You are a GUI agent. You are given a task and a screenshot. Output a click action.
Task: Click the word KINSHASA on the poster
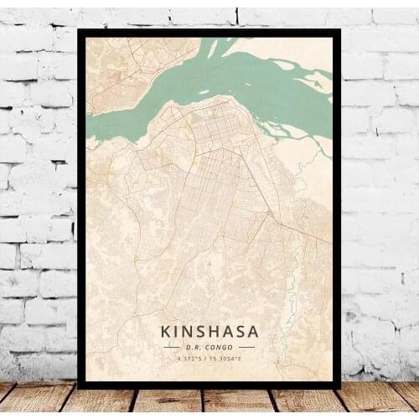(209, 332)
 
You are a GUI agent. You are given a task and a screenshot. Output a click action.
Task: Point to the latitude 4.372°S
(190, 359)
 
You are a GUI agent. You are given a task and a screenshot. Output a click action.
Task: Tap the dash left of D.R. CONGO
(172, 346)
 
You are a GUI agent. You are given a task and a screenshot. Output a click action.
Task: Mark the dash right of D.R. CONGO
(246, 346)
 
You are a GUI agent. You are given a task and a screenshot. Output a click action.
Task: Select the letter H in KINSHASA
(213, 332)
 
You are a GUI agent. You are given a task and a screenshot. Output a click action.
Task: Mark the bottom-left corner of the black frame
(79, 386)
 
